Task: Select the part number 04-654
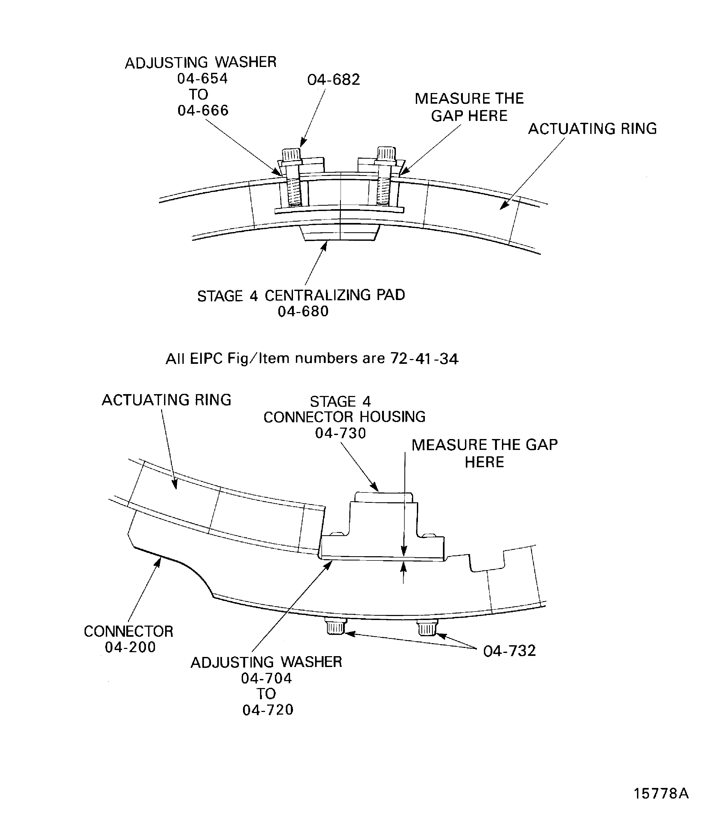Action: point(202,79)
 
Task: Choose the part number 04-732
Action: point(509,651)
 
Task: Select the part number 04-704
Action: point(267,678)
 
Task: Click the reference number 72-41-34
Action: point(424,359)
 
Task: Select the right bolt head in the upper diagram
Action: point(386,153)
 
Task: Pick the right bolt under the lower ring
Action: point(427,627)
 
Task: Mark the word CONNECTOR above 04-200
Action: point(128,631)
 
